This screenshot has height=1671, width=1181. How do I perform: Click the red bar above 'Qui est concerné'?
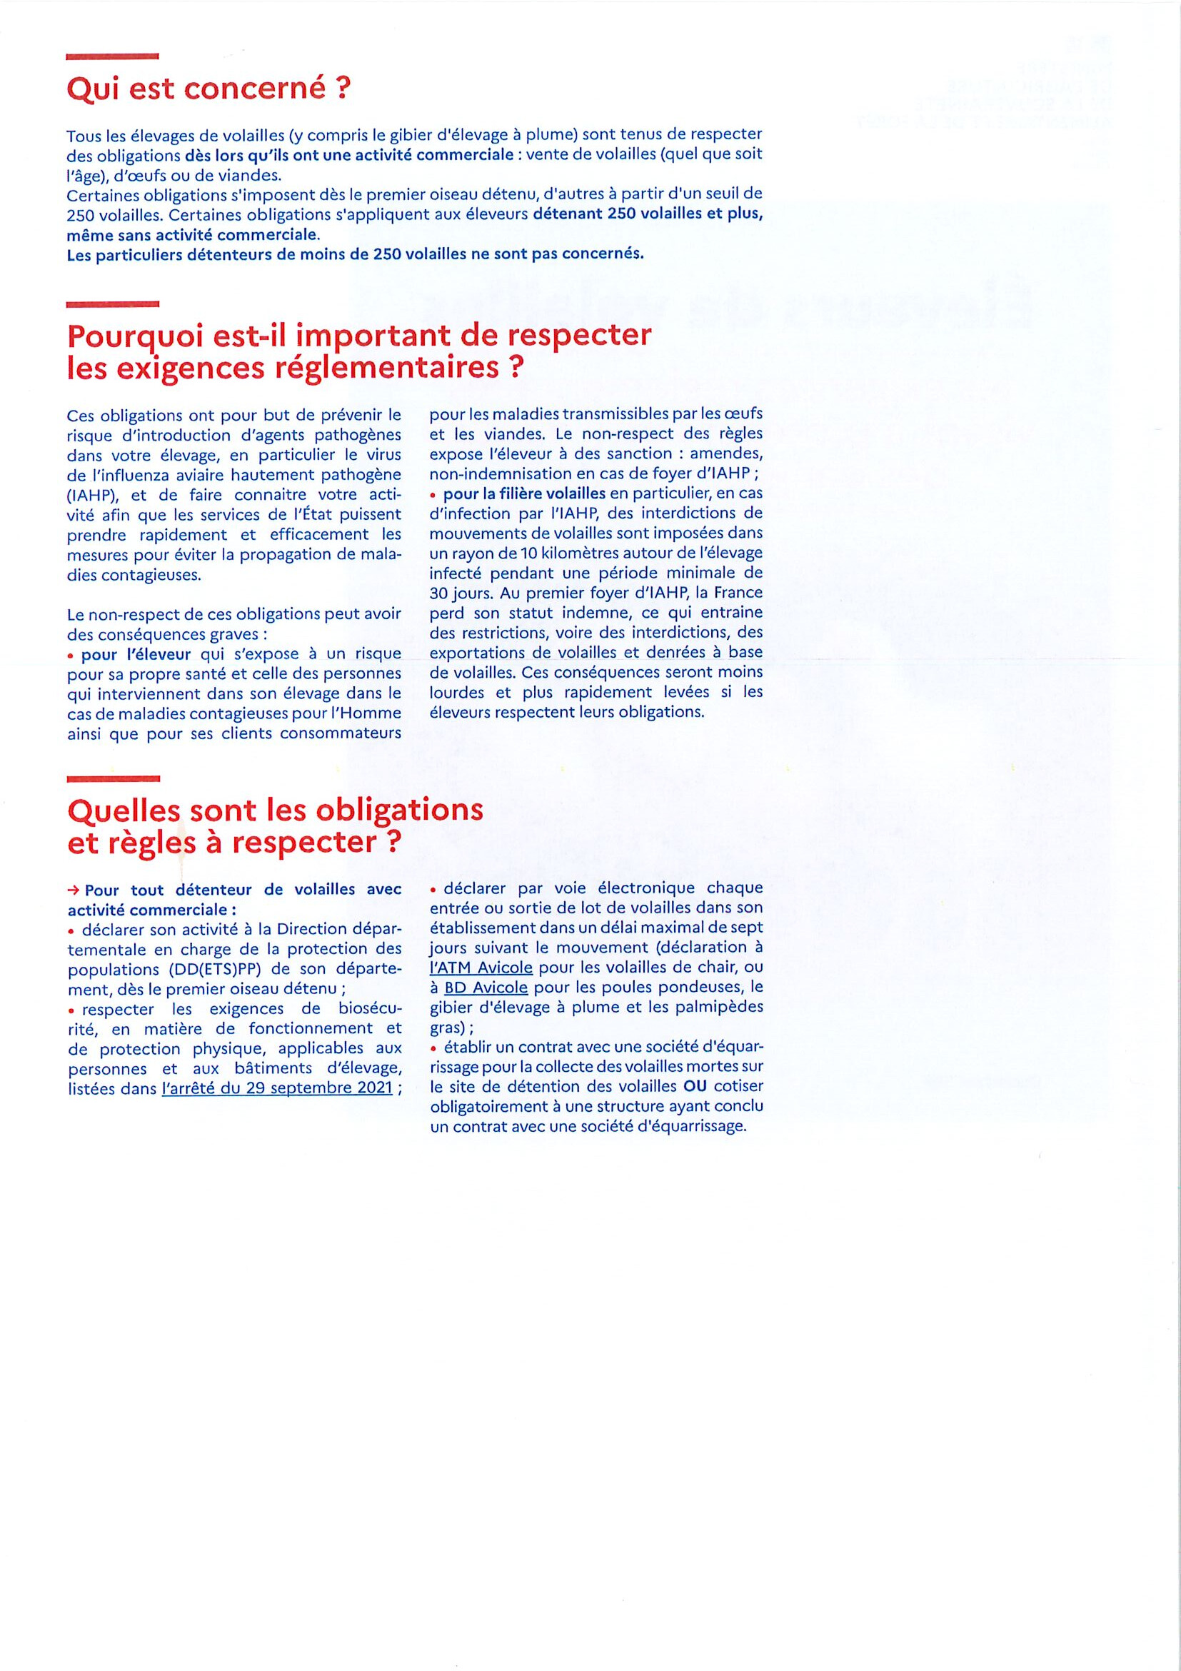click(112, 55)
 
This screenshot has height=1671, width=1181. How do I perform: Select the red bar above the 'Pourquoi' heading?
click(112, 303)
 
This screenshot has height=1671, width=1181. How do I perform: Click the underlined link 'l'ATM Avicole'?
click(481, 968)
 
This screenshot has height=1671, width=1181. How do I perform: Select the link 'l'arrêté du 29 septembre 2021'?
click(277, 1089)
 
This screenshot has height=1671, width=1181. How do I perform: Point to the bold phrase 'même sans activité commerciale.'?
click(193, 235)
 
